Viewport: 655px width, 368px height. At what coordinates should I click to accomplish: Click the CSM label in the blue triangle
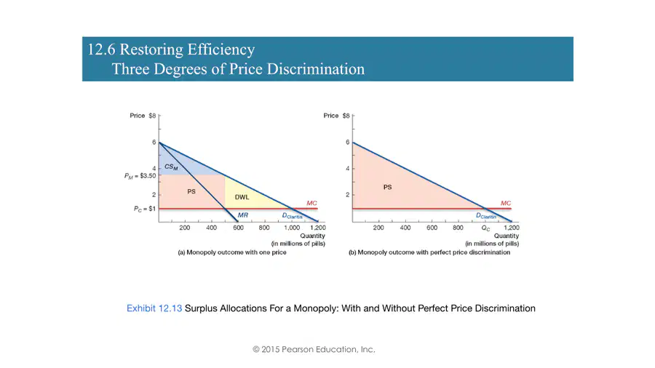pos(171,167)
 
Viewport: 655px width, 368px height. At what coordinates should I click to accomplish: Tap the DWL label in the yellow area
pos(242,197)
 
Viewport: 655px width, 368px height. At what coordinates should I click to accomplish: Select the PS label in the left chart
pos(191,191)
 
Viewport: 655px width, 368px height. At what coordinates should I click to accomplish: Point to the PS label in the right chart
pos(388,188)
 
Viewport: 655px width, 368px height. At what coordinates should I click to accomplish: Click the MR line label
pos(242,215)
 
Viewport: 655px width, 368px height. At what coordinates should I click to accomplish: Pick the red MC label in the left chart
pos(311,203)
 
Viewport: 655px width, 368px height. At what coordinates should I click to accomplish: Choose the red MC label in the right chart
pos(506,203)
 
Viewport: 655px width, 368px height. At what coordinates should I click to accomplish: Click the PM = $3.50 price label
pos(140,176)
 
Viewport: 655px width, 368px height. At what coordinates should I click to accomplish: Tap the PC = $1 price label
pos(145,209)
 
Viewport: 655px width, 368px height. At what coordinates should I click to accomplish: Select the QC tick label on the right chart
pos(486,228)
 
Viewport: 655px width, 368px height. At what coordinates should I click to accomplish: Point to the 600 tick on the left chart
pos(238,228)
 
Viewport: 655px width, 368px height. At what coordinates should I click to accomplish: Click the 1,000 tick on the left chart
pos(292,228)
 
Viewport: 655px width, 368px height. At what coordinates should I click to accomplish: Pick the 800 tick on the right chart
pos(458,228)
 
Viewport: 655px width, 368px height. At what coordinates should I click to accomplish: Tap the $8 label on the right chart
pos(346,116)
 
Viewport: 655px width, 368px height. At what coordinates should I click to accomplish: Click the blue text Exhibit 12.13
pos(154,308)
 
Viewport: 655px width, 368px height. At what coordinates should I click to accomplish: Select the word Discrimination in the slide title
pos(315,69)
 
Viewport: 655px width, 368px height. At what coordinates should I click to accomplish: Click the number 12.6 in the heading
pos(101,49)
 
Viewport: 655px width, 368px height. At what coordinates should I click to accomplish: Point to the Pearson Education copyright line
pos(314,349)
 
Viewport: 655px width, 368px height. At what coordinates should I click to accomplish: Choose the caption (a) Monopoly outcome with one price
pos(232,252)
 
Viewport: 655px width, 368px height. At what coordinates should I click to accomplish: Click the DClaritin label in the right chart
pos(486,216)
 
